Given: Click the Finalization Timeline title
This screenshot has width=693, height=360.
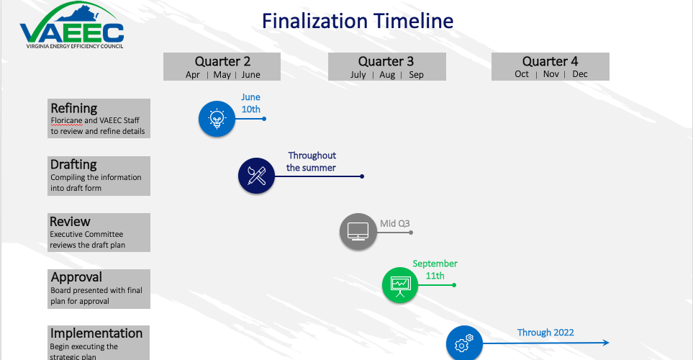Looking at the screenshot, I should [x=358, y=20].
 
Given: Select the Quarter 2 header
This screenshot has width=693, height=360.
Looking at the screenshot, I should [x=222, y=62].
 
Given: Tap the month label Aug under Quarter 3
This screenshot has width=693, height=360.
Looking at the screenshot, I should [x=387, y=75].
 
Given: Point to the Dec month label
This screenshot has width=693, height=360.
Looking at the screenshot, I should [x=580, y=74].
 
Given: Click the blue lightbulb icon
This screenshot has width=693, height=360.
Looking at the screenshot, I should [x=217, y=118].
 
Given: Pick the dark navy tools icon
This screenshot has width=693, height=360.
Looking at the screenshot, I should [x=257, y=176].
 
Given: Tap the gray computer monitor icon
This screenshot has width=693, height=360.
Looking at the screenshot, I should [x=358, y=231].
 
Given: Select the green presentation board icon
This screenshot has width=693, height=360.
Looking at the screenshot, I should [x=400, y=285].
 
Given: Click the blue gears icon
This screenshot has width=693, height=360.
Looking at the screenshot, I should [x=464, y=343].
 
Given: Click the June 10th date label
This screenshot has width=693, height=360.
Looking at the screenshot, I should [x=250, y=104].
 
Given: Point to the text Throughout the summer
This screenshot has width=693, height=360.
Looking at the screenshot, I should [x=312, y=161].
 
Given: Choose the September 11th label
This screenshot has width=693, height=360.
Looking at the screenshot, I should [x=435, y=269].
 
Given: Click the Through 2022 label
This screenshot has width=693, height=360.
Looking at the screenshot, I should [x=545, y=333].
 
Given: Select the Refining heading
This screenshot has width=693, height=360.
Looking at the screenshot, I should [x=74, y=109].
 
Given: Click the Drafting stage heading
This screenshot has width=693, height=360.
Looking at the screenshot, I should [x=73, y=165].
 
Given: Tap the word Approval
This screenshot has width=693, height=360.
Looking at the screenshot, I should [x=76, y=277].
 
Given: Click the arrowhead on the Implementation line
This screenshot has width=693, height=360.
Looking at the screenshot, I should [x=606, y=343].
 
